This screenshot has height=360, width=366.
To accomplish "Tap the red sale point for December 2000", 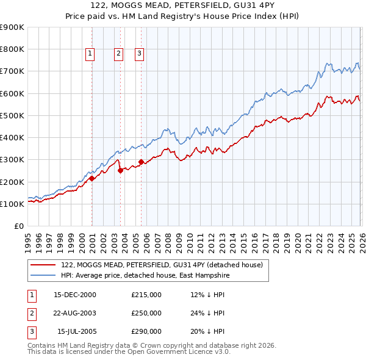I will pyautogui.click(x=92, y=179).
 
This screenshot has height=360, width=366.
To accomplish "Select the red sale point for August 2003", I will pyautogui.click(x=120, y=171).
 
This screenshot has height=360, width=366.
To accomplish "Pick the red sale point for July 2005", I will pyautogui.click(x=141, y=162).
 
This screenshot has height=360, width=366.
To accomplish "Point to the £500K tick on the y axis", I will pyautogui.click(x=12, y=115).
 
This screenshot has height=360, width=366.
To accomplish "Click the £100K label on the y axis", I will pyautogui.click(x=12, y=204).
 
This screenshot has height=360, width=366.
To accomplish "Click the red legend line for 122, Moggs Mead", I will pyautogui.click(x=44, y=265).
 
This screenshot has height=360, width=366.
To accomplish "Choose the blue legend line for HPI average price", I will pyautogui.click(x=44, y=276).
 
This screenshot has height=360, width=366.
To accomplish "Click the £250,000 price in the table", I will pyautogui.click(x=146, y=313).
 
